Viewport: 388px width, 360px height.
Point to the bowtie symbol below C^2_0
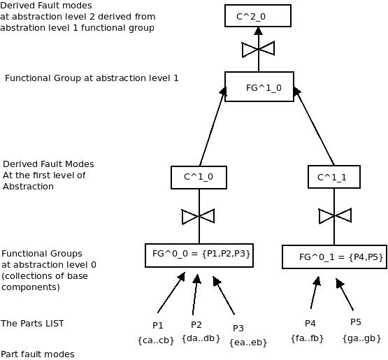coord(259,50)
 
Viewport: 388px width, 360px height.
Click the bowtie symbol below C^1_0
coord(199,217)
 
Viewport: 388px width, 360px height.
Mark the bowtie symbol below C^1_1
coord(335,216)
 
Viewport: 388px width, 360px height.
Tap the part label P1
coord(157,325)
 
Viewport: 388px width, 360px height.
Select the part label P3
coord(238,329)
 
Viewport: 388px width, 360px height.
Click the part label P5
coord(356,322)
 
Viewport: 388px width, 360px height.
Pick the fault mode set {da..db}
coord(201,338)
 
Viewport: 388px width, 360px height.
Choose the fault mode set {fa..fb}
coord(307,338)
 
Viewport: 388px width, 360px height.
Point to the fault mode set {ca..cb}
coord(156,340)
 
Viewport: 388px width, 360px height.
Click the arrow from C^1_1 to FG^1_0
coord(314,126)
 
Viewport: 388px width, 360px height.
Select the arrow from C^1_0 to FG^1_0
coord(213,127)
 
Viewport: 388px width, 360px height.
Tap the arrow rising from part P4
coord(315,292)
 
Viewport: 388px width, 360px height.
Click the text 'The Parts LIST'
coord(32,324)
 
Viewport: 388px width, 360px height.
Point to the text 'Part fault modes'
coord(37,354)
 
